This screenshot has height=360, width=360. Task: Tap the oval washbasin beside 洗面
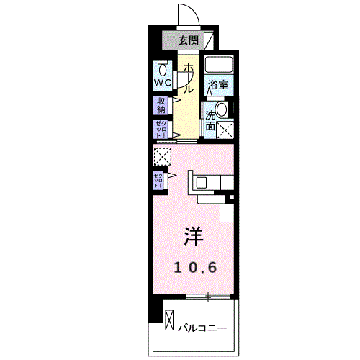point(222,109)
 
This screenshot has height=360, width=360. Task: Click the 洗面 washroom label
point(210,120)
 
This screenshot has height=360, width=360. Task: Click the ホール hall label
point(188,78)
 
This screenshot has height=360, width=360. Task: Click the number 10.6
point(194,267)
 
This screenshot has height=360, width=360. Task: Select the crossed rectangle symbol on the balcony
point(169,318)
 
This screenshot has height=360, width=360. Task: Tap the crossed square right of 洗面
point(226,130)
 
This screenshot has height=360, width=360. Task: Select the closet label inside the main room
point(158,180)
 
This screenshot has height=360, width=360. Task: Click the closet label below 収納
point(160,130)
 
